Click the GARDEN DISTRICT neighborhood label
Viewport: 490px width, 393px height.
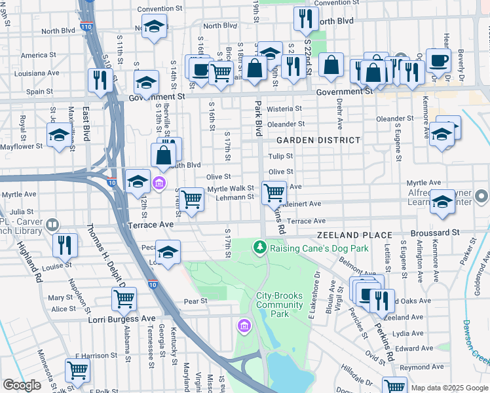click(x=318, y=140)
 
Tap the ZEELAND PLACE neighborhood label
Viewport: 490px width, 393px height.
click(x=354, y=234)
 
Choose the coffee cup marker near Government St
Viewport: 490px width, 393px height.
click(x=438, y=60)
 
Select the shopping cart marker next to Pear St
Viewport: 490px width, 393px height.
click(x=124, y=299)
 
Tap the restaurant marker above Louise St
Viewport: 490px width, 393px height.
click(x=65, y=244)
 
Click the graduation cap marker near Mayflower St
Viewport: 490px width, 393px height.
click(x=59, y=136)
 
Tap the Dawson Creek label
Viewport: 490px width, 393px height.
click(x=476, y=341)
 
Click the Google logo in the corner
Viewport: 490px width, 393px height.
click(x=22, y=385)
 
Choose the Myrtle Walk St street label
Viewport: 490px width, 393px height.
click(x=230, y=189)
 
